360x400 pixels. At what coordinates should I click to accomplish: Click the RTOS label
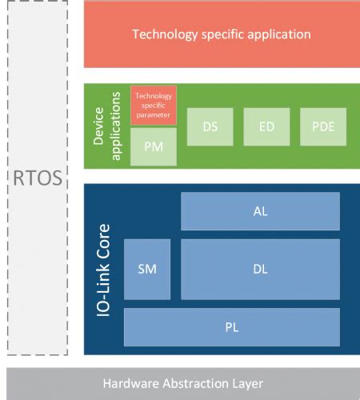37,177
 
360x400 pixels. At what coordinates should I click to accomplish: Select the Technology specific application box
222,34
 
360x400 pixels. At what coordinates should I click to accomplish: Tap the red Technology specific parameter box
154,106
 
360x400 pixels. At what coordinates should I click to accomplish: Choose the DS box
210,126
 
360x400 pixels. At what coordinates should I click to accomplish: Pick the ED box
266,126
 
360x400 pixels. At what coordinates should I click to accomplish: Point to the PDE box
323,126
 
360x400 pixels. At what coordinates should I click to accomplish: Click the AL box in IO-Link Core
260,211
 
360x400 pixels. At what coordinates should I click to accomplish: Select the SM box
147,269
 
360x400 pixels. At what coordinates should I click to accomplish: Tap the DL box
260,269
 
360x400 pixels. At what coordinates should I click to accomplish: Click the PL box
232,327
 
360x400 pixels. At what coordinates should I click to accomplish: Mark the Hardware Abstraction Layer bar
183,383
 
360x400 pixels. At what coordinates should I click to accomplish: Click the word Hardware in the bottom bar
131,383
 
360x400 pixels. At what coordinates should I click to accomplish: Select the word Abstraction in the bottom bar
194,383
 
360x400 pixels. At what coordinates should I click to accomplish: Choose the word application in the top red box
279,34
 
